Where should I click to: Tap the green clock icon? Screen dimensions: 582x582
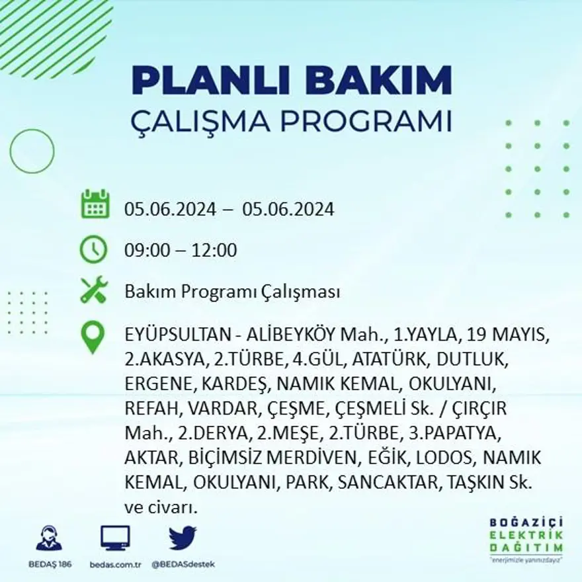(93, 249)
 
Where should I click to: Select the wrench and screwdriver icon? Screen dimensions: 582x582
(93, 290)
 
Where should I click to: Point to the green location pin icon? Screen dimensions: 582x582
(93, 337)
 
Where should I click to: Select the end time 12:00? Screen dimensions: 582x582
(214, 251)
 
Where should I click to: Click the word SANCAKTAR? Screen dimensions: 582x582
(387, 482)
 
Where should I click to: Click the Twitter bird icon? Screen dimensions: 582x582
(183, 538)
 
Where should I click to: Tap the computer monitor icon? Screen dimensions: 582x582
(115, 538)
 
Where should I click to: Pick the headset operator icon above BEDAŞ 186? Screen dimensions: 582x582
(48, 538)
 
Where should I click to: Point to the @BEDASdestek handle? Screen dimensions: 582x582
(183, 564)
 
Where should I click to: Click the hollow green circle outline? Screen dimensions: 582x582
(32, 151)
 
